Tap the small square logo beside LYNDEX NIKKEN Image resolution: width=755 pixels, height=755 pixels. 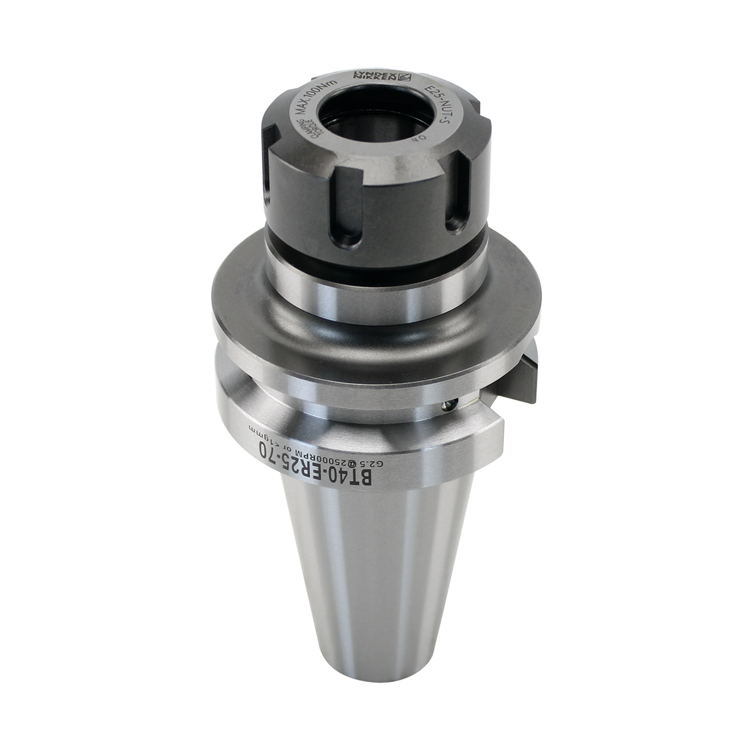click(x=405, y=78)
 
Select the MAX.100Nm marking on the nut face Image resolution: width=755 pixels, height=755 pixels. click(x=318, y=92)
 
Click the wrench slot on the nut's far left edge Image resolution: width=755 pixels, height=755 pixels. click(x=269, y=164)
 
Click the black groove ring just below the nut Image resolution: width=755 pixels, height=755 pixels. click(x=377, y=249)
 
